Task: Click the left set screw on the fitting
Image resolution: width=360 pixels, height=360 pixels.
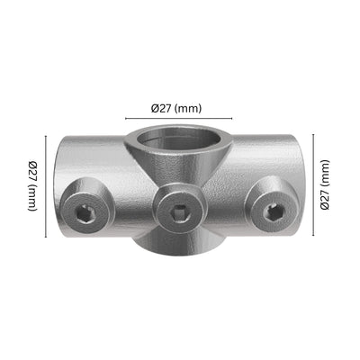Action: point(85,212)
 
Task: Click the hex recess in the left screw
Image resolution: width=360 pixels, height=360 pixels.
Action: point(85,213)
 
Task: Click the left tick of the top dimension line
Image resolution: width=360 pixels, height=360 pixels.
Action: point(123,117)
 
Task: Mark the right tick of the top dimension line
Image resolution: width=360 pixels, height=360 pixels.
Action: point(232,117)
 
